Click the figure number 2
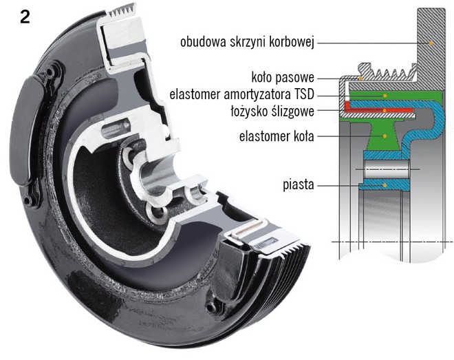click(24, 17)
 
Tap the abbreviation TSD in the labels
click(306, 93)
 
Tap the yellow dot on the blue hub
click(386, 184)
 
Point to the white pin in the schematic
click(386, 169)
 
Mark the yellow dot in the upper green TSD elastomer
click(386, 94)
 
